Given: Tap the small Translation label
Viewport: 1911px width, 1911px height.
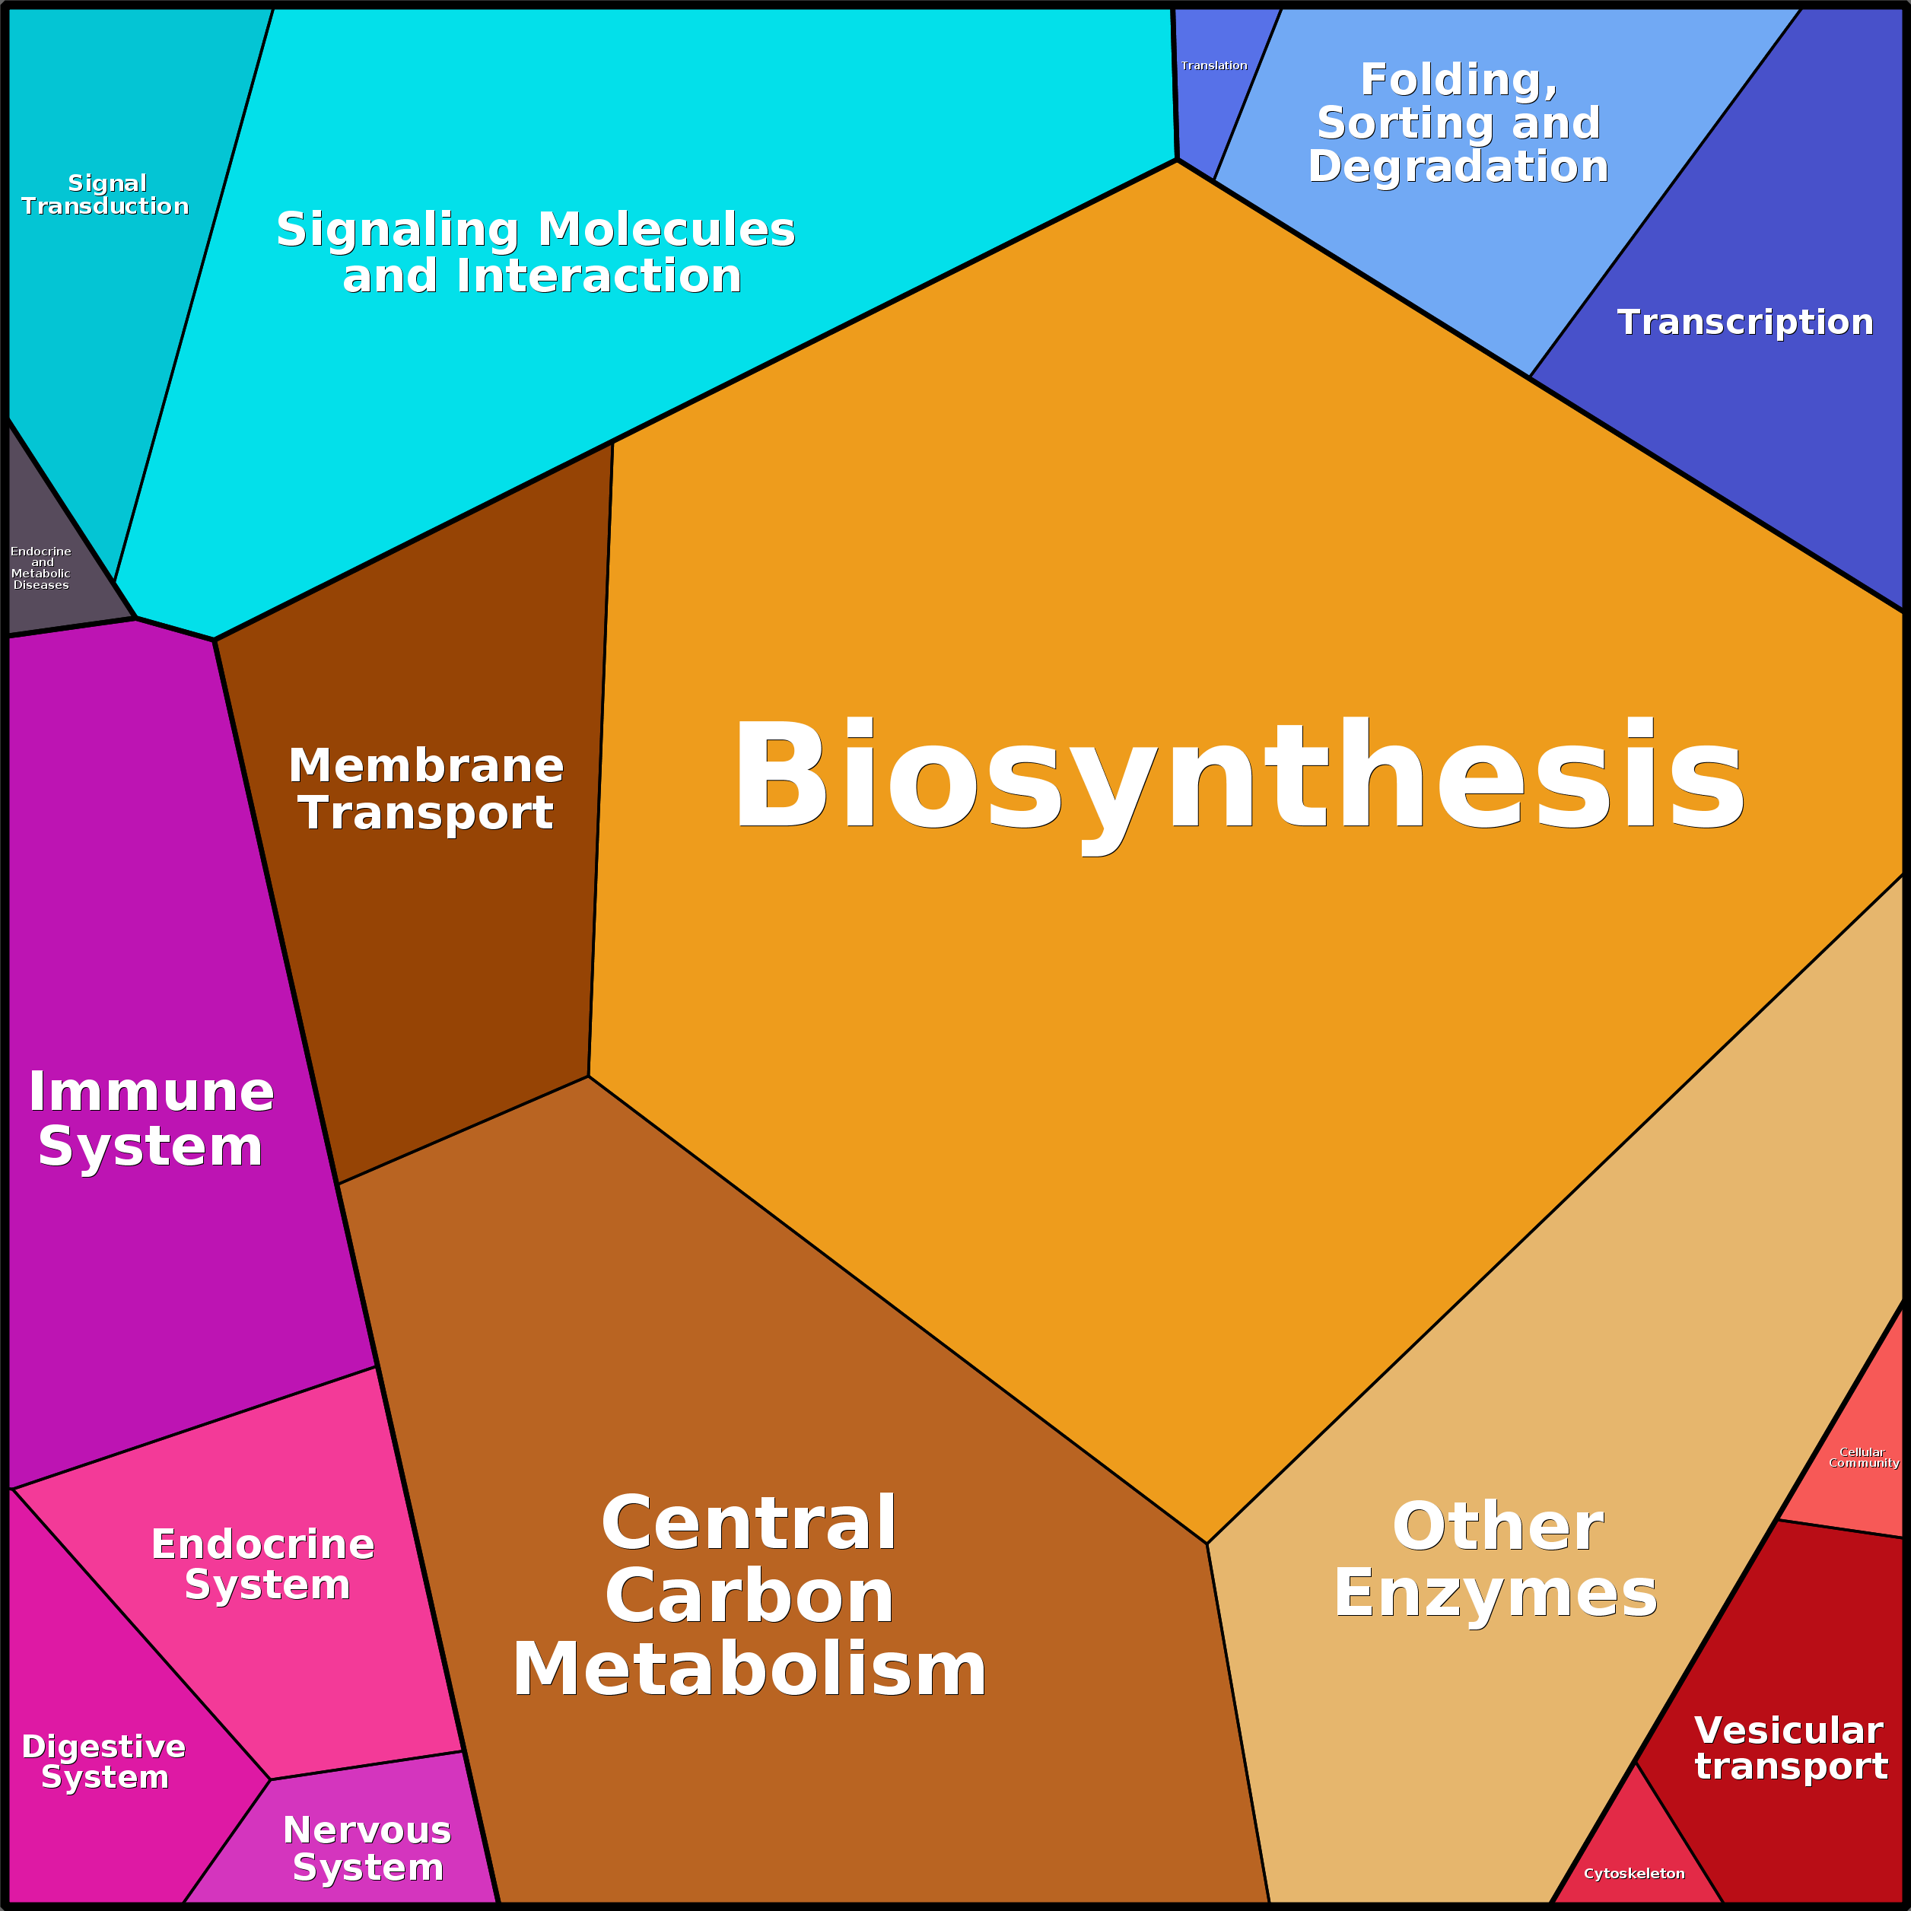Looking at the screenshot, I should point(1213,65).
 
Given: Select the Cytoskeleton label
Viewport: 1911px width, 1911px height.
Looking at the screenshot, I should point(1634,1874).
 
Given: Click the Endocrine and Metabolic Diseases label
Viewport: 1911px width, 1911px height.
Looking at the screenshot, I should point(40,568).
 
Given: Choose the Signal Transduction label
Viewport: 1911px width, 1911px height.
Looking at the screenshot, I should point(106,195).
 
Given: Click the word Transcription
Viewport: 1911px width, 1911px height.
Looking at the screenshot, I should point(1745,323).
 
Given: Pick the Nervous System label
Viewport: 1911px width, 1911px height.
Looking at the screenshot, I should point(367,1849).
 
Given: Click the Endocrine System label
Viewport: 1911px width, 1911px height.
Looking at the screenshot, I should point(264,1565).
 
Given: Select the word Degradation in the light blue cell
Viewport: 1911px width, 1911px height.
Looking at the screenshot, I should point(1458,166).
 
